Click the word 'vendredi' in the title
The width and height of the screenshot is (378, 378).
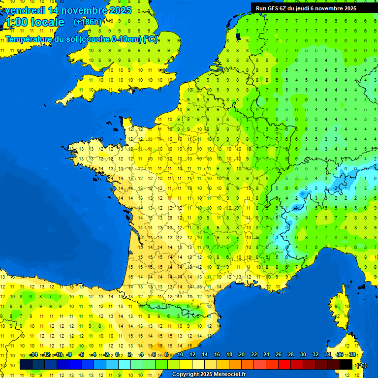point(24,10)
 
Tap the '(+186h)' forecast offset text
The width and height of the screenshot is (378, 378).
point(87,22)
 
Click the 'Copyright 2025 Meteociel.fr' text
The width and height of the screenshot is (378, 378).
point(209,375)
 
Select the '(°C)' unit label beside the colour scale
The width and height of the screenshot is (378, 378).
point(361,365)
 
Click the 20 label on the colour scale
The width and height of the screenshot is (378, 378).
point(242,354)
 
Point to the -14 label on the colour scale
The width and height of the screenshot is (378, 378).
point(34,354)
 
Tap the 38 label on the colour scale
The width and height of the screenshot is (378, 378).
point(352,354)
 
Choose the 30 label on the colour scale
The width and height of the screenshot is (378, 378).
point(303,354)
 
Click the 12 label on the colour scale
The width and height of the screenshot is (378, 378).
point(192,354)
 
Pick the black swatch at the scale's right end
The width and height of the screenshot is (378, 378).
point(346,364)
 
